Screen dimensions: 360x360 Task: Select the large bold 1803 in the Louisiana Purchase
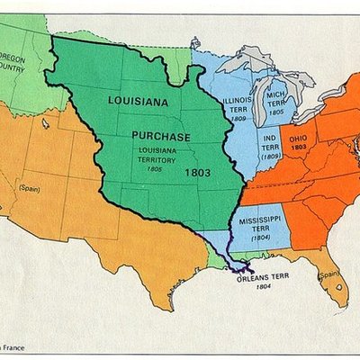pyautogui.click(x=197, y=171)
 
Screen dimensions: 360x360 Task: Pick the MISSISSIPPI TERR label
pyautogui.click(x=260, y=222)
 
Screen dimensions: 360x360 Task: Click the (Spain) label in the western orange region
pyautogui.click(x=31, y=188)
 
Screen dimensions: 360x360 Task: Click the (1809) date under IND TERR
pyautogui.click(x=269, y=156)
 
